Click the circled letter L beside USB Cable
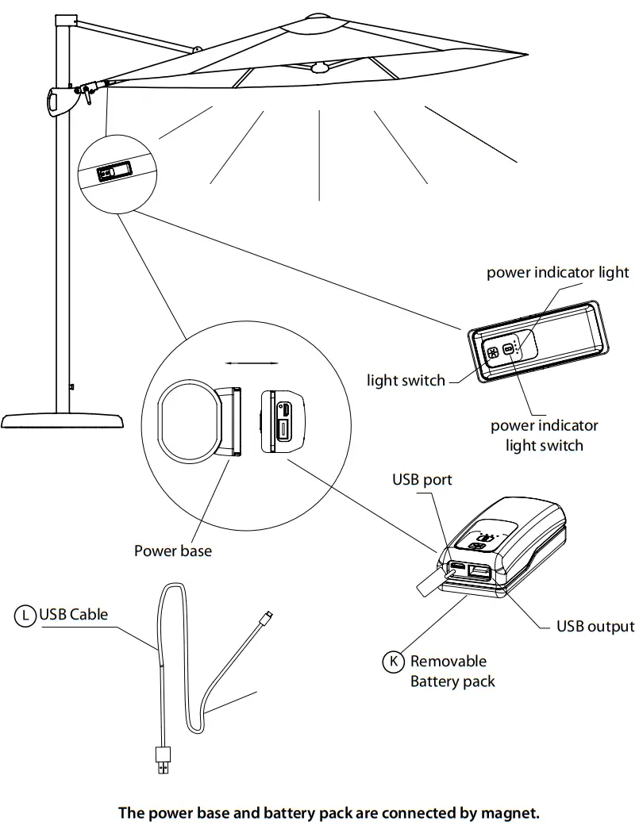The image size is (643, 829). click(26, 614)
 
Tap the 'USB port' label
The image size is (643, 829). click(422, 480)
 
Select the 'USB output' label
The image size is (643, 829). click(595, 627)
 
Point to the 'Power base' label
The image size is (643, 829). click(173, 551)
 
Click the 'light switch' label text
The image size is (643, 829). click(406, 381)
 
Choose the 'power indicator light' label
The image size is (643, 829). click(557, 273)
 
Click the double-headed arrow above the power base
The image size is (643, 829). click(252, 363)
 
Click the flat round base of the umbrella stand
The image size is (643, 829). click(63, 420)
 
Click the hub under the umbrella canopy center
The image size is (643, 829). click(320, 68)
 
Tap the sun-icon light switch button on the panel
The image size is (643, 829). click(493, 352)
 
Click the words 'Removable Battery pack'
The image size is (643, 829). click(450, 671)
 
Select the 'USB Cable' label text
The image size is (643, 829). click(73, 614)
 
